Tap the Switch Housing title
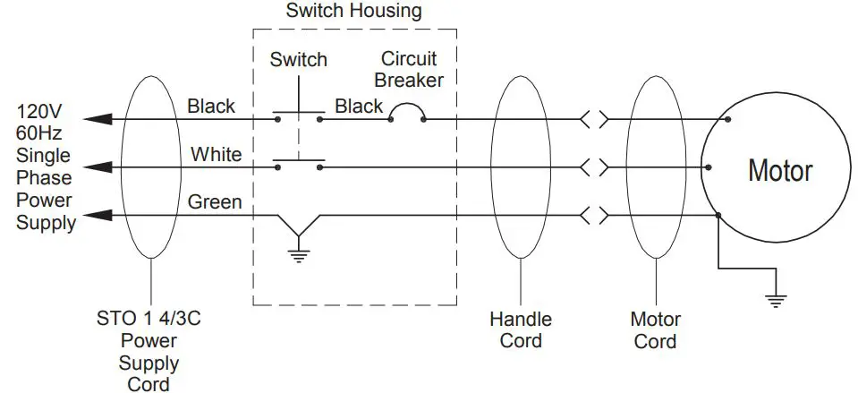click(x=353, y=12)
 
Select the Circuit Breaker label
click(x=409, y=69)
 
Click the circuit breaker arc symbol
click(x=407, y=110)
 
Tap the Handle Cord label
click(x=520, y=329)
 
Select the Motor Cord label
click(x=656, y=329)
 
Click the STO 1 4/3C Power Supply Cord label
click(x=149, y=351)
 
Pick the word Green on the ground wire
click(x=214, y=202)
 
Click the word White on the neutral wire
click(x=216, y=154)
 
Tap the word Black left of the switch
click(x=211, y=107)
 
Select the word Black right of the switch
click(x=359, y=107)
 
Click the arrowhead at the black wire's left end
click(x=98, y=118)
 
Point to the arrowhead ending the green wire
click(x=98, y=215)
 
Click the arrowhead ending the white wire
click(x=98, y=167)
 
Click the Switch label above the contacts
click(x=299, y=60)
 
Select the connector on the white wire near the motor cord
click(x=594, y=167)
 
